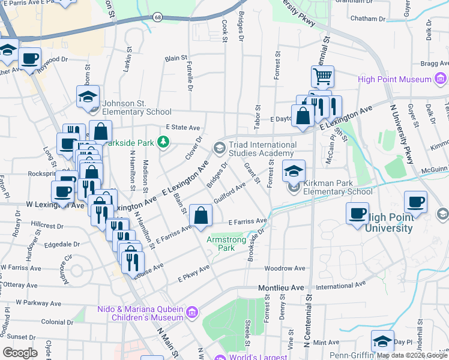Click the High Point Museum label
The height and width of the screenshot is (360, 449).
coord(394,79)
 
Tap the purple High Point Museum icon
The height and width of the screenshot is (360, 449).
coord(441,79)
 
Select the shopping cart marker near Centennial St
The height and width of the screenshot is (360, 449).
coord(322,77)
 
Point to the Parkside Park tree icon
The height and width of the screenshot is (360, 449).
coord(162,142)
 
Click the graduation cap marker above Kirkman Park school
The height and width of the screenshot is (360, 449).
coord(294,171)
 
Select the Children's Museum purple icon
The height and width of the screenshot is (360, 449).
coord(192,311)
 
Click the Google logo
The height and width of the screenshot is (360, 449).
coord(20,352)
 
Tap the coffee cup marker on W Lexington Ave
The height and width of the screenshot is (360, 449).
coord(62,191)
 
